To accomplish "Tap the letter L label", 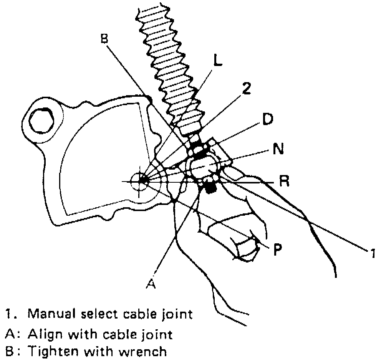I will (x=217, y=61).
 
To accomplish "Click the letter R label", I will (x=284, y=181).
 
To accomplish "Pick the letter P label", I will (x=277, y=250).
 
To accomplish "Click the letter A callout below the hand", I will (x=151, y=284).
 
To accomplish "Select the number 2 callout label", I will (x=247, y=88).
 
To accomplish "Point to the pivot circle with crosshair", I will (x=141, y=180).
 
